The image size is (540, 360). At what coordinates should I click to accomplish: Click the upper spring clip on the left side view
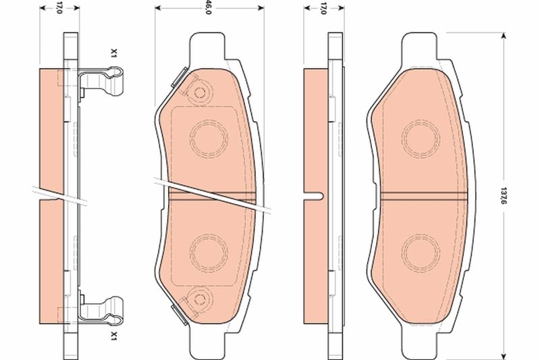[x=101, y=84]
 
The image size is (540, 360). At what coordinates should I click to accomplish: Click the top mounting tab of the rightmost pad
[x=418, y=46]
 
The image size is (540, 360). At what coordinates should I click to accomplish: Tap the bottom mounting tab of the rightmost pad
[x=418, y=341]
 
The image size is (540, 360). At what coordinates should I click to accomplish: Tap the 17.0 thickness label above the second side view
[x=323, y=8]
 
